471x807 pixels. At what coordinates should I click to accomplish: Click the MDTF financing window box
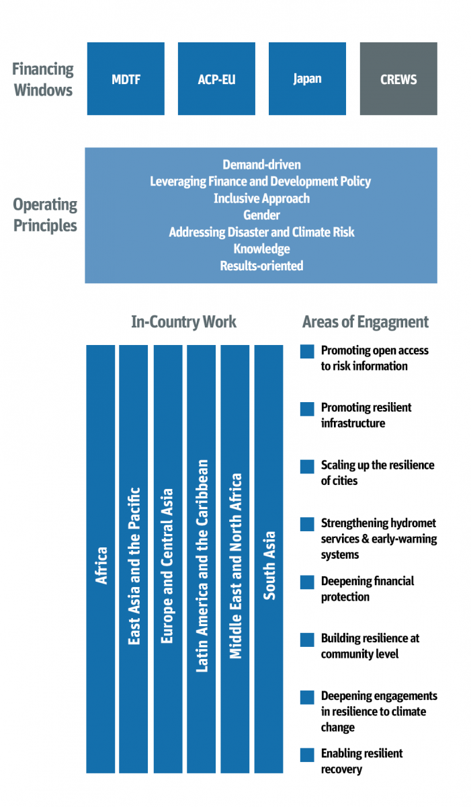click(x=126, y=79)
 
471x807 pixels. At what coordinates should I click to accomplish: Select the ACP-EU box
click(x=216, y=79)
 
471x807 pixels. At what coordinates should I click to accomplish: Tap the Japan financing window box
click(x=307, y=79)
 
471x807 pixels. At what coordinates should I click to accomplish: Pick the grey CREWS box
click(x=398, y=79)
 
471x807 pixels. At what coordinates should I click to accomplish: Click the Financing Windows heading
click(x=43, y=79)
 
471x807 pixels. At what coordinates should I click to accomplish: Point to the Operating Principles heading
click(x=45, y=215)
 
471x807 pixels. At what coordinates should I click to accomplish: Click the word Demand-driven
click(x=261, y=165)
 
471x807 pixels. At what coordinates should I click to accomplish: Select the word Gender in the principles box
click(x=261, y=215)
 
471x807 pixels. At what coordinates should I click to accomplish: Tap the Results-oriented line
click(x=261, y=266)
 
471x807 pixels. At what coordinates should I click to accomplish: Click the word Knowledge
click(x=261, y=249)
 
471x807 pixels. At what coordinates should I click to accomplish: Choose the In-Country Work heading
click(x=183, y=322)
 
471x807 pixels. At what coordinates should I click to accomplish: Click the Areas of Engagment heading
click(x=366, y=322)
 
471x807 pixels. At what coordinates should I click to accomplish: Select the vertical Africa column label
click(x=101, y=565)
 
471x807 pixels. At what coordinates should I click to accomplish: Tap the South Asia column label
click(x=269, y=565)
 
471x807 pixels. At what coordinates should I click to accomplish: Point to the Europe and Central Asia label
click(x=168, y=565)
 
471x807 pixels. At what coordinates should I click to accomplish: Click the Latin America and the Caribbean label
click(x=202, y=565)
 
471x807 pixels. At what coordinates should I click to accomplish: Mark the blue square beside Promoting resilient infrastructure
click(x=307, y=409)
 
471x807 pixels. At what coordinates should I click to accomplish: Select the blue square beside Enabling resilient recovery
click(x=307, y=755)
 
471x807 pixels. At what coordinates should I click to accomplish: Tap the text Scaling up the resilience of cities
click(x=376, y=473)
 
